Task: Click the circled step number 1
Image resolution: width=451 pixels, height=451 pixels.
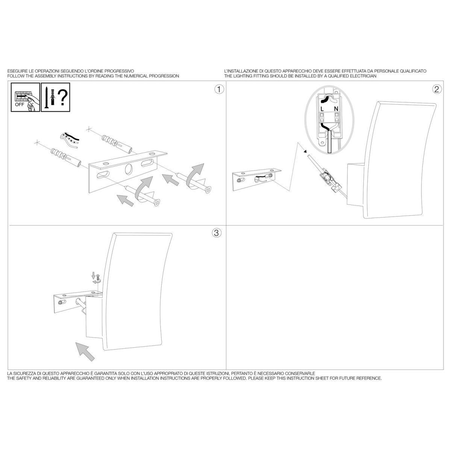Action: (x=219, y=89)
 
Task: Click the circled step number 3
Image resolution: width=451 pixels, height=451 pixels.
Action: (x=216, y=233)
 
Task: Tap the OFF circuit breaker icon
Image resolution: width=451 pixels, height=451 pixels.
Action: (x=25, y=97)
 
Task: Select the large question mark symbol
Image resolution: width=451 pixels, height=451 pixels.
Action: (x=62, y=98)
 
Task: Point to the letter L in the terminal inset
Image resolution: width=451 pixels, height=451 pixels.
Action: (x=322, y=109)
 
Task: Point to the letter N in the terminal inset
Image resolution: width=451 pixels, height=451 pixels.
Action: (x=336, y=109)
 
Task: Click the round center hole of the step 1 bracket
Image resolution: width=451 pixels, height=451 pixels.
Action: (x=128, y=169)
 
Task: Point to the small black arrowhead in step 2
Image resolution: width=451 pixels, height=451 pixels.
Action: (x=305, y=152)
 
